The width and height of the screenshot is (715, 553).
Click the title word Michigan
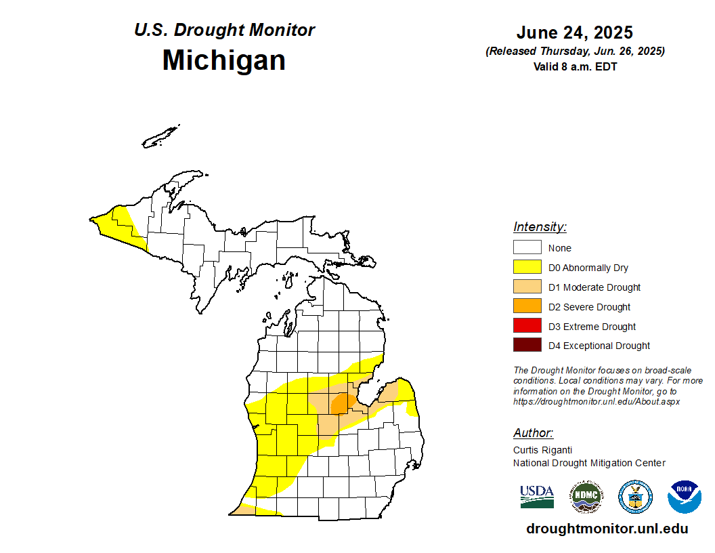(223, 60)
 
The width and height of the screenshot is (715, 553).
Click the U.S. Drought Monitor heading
(224, 30)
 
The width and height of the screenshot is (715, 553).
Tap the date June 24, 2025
(574, 33)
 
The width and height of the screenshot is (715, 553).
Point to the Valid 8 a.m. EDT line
(575, 66)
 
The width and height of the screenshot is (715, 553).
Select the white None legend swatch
(527, 248)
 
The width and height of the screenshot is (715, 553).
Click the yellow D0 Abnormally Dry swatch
(527, 268)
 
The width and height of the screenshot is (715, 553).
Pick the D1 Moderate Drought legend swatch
(527, 287)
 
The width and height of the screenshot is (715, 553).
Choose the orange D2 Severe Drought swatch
(527, 306)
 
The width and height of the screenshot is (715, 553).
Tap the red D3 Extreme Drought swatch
(527, 326)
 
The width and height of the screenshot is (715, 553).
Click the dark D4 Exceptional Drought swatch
(527, 346)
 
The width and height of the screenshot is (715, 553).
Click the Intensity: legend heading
(540, 227)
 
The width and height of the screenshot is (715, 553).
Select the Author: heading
(533, 433)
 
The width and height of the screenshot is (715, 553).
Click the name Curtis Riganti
(542, 450)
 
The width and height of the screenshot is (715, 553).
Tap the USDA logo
(537, 497)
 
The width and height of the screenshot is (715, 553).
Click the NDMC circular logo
(586, 497)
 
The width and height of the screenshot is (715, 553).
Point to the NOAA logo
(684, 497)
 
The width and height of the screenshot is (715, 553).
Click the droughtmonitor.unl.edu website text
(607, 529)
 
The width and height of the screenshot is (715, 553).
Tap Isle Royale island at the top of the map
(160, 136)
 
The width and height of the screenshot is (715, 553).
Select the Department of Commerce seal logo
(635, 497)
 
